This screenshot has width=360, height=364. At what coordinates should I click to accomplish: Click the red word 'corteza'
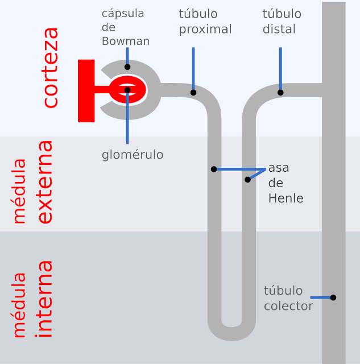click(x=51, y=67)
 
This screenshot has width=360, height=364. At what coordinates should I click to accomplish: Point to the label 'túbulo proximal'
click(x=205, y=22)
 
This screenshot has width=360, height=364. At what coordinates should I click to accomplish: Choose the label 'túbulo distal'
click(x=282, y=22)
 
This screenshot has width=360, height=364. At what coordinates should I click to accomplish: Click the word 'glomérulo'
click(x=133, y=155)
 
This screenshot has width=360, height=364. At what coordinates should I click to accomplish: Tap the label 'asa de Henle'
click(x=285, y=183)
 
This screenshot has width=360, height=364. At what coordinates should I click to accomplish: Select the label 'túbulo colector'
click(x=288, y=299)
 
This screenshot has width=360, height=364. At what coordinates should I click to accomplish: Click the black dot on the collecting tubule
click(x=333, y=297)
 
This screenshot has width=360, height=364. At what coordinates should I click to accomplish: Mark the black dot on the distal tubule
click(x=280, y=92)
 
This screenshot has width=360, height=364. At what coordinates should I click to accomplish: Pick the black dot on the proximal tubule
click(x=193, y=92)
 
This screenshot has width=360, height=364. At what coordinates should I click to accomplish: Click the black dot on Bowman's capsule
click(x=127, y=67)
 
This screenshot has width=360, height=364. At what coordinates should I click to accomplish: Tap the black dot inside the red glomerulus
click(x=127, y=90)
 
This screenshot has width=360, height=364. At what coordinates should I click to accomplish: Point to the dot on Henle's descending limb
click(x=214, y=169)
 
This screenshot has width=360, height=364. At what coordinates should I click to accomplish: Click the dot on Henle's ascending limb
click(x=247, y=180)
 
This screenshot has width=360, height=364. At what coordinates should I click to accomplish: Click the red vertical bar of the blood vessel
click(x=86, y=90)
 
